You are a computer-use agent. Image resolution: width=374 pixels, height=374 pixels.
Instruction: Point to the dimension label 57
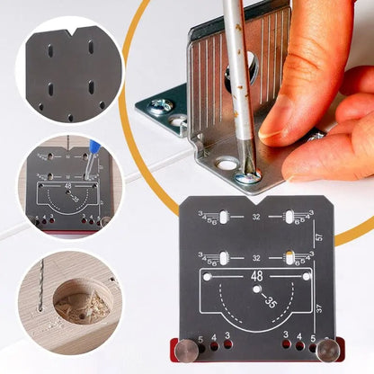click(x=319, y=237)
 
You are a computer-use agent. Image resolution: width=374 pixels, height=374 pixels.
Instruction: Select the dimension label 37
click(x=319, y=308)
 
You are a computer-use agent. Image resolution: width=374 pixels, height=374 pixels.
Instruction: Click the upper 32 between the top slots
click(x=256, y=217)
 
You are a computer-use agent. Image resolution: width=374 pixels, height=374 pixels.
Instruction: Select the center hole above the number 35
click(x=257, y=289)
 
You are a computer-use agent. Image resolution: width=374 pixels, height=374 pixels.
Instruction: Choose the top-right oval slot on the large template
click(x=290, y=216)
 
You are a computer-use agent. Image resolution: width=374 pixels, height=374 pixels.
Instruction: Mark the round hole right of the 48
click(x=306, y=278)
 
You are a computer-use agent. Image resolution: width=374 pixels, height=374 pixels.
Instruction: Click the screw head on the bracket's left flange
click(x=162, y=106)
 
